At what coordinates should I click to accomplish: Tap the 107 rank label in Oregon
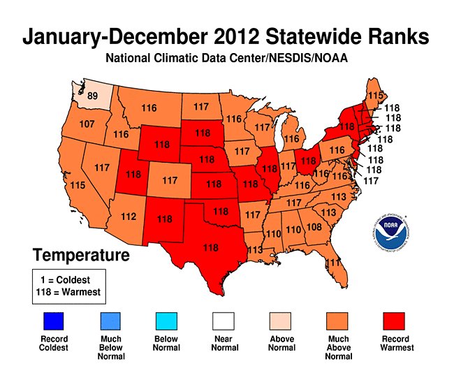click(88, 124)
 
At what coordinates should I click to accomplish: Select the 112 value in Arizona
click(128, 217)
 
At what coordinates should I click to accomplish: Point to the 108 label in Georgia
click(314, 227)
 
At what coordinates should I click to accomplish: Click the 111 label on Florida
click(335, 262)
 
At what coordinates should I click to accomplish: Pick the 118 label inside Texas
click(210, 247)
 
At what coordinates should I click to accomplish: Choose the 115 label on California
click(77, 185)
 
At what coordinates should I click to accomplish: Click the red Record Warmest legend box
click(397, 322)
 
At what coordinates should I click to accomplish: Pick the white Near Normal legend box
click(226, 322)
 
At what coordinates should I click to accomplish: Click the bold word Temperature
click(81, 255)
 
